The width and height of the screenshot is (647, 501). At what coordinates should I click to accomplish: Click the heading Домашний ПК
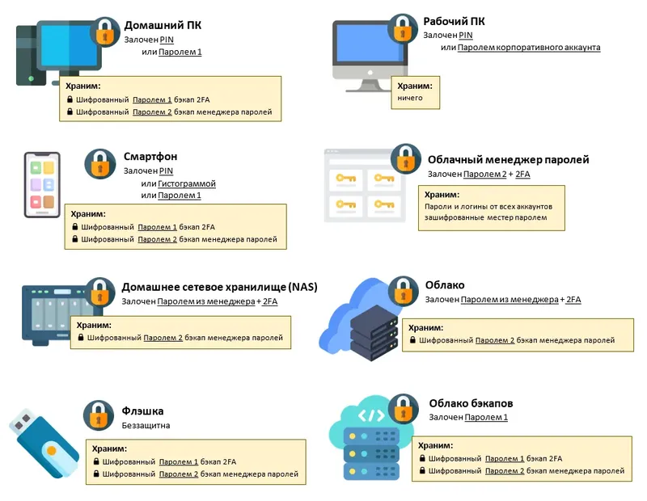pos(163,25)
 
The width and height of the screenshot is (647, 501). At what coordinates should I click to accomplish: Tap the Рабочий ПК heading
pos(455,22)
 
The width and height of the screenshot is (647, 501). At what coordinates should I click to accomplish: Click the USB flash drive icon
pos(44,444)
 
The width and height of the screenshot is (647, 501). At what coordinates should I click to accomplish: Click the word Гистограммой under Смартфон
pos(187,183)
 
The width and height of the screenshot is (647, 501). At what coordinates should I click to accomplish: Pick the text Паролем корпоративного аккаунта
pos(529,48)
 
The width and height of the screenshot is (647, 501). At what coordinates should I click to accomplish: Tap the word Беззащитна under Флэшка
pos(146,425)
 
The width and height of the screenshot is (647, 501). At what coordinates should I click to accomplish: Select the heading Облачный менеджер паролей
pos(508,160)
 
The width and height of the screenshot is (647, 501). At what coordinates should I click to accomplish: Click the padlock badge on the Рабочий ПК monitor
pos(403,29)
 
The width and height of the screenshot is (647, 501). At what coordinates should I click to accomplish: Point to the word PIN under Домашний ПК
pos(167,39)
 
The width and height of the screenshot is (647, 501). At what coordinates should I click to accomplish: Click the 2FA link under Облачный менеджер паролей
pos(522,174)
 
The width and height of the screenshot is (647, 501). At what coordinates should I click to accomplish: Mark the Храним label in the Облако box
pos(426,328)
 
